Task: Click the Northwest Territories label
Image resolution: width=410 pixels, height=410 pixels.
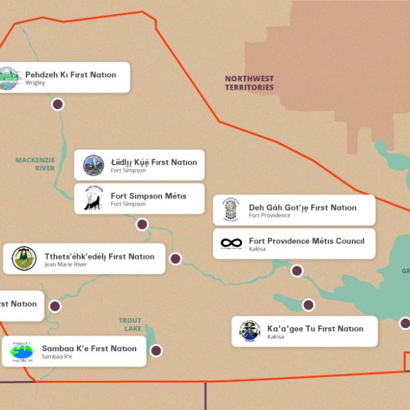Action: click(x=249, y=83)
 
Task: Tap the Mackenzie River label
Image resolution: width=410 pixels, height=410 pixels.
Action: click(x=35, y=164)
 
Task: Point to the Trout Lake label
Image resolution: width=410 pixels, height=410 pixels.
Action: click(x=130, y=325)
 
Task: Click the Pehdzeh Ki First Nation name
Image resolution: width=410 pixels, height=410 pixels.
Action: click(x=71, y=75)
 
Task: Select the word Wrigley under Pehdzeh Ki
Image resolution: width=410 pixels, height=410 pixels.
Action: click(x=36, y=83)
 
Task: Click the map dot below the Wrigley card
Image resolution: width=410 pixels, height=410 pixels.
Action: click(x=58, y=104)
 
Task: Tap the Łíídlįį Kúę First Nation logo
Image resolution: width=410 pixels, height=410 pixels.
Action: click(x=93, y=165)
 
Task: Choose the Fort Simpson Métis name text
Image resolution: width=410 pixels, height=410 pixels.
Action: click(x=148, y=196)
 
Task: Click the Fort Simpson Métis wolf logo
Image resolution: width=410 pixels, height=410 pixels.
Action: click(x=93, y=198)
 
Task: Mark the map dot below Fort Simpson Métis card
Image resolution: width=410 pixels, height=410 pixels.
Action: click(x=142, y=224)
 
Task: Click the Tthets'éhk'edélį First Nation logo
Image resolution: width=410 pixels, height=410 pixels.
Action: click(x=24, y=259)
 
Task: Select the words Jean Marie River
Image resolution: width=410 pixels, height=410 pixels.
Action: click(x=65, y=265)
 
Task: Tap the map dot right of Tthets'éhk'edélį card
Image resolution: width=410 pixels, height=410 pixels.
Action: click(x=175, y=259)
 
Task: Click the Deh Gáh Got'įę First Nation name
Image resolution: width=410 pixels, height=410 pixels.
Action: click(x=302, y=207)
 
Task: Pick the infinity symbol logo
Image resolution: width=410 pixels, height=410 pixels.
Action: click(x=231, y=243)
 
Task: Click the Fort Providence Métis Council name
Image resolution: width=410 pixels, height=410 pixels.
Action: click(x=306, y=241)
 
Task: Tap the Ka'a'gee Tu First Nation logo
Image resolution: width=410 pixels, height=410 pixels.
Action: click(x=250, y=331)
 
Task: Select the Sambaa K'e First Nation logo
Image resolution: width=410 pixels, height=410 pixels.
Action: click(x=22, y=351)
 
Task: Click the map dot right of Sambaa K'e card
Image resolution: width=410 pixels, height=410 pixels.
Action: click(x=156, y=350)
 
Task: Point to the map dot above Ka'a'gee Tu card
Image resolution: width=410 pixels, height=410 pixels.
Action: click(x=308, y=305)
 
